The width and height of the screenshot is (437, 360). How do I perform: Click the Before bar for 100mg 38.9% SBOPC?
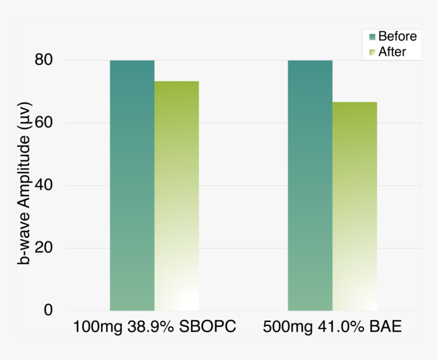click(x=132, y=185)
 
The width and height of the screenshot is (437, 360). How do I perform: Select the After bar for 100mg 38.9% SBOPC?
click(x=177, y=196)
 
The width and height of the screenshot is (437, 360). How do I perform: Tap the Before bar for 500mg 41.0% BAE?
click(x=310, y=185)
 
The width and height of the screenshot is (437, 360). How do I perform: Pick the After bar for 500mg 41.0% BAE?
click(x=355, y=206)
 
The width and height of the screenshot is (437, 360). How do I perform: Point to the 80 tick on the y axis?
click(x=44, y=61)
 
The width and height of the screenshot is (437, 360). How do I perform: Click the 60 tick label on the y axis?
click(x=44, y=123)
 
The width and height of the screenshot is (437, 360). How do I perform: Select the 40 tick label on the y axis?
click(x=44, y=186)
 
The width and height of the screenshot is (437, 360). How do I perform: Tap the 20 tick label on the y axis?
click(x=44, y=248)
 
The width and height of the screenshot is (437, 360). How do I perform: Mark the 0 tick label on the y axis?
click(x=48, y=310)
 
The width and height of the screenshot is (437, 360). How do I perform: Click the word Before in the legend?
click(x=397, y=37)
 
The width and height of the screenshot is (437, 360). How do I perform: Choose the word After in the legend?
click(x=392, y=51)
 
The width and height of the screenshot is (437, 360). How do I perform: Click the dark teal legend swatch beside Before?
click(x=372, y=37)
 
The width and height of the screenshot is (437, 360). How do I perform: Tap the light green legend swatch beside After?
click(x=372, y=52)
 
